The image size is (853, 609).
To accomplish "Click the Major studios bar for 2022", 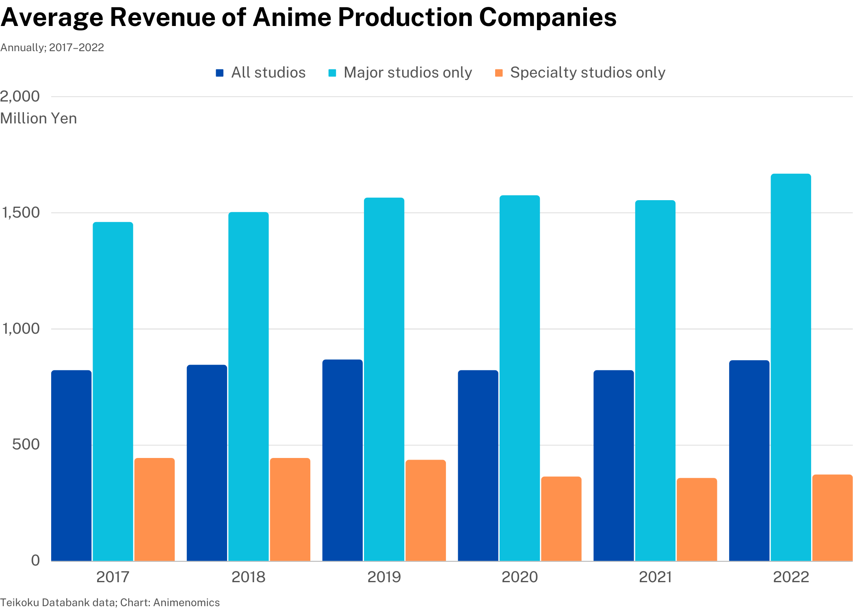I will (790, 367).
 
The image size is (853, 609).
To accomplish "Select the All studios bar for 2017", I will (71, 465).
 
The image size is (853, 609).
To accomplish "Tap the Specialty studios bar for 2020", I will (561, 518).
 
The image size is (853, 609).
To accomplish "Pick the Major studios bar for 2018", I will (248, 386).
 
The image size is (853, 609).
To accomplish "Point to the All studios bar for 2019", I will (342, 460).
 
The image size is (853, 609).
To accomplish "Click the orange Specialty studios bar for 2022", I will (832, 518).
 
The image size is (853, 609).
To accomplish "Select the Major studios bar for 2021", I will (655, 380).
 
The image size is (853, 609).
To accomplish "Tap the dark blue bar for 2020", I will (478, 465).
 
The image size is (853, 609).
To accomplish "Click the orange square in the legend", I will (499, 73).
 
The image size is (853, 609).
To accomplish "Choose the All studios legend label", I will (268, 73).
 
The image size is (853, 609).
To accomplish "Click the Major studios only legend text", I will (407, 73).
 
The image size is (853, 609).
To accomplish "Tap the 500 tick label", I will (26, 444).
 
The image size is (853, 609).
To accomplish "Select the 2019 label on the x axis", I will (384, 577).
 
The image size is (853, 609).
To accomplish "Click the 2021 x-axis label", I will (655, 577).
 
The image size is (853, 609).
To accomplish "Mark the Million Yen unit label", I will (39, 119).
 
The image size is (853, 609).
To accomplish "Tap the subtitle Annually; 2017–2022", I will (52, 48).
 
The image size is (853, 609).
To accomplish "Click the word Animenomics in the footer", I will (186, 603).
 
